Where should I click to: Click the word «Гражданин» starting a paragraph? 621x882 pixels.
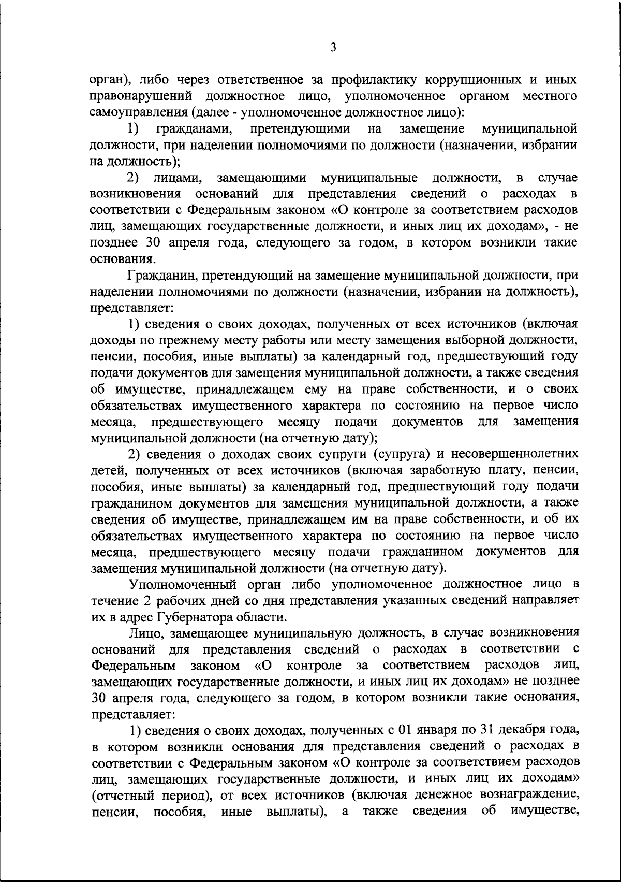(x=161, y=275)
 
